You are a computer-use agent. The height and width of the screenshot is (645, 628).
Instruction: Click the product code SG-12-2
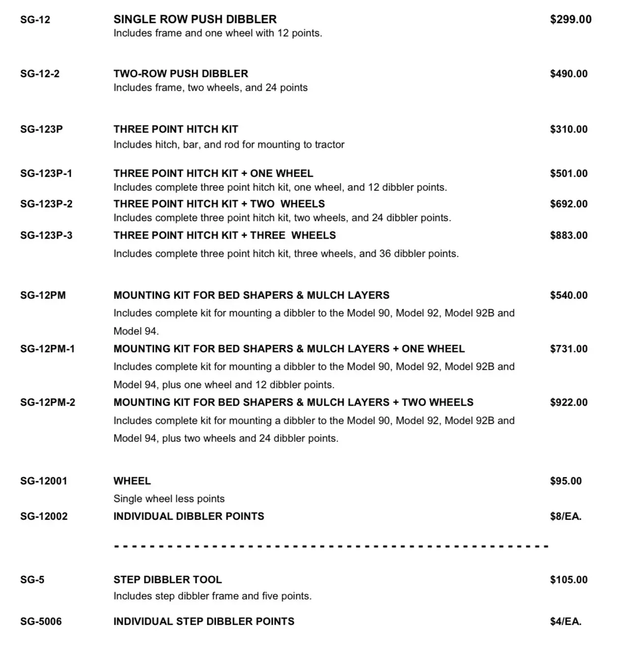pos(40,74)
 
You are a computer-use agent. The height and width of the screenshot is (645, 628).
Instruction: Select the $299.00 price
pos(571,20)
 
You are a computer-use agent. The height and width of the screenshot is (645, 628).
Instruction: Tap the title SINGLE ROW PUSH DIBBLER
pos(195,19)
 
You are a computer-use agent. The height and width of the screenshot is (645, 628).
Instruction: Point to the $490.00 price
pos(569,74)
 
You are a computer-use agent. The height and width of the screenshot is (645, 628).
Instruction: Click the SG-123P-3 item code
pos(46,235)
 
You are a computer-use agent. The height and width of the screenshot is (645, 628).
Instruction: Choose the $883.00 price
pos(569,235)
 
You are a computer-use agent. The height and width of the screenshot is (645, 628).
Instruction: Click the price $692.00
pos(569,204)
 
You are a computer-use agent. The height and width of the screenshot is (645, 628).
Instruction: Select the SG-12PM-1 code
pos(48,349)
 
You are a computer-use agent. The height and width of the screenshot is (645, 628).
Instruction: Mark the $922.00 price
pos(569,402)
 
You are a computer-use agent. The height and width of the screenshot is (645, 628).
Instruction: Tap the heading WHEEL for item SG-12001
pos(132,481)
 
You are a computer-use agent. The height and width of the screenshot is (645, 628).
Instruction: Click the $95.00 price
pos(566,481)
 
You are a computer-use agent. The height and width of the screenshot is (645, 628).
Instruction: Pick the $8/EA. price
pos(566,516)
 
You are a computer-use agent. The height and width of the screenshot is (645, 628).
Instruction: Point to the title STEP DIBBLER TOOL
pos(168,580)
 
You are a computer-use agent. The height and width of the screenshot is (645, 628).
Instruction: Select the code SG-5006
pos(41,621)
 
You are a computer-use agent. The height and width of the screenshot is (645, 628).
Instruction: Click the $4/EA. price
pos(566,621)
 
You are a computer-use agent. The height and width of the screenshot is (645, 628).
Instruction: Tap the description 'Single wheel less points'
pos(169,499)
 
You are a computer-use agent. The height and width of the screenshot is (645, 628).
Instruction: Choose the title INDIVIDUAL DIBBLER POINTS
pos(189,516)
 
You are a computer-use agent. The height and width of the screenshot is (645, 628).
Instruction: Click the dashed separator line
pos(331,546)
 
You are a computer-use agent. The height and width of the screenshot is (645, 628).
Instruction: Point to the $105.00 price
pos(569,580)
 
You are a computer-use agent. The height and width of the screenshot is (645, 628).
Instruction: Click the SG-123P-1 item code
pos(46,173)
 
